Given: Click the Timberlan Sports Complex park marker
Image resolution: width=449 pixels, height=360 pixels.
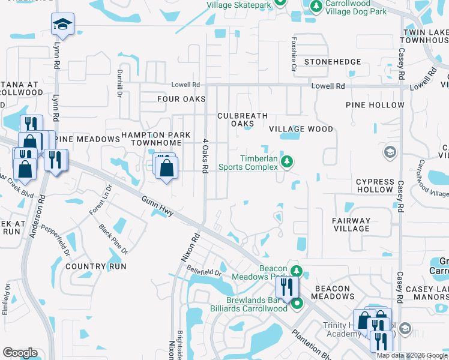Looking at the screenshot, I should point(288,161).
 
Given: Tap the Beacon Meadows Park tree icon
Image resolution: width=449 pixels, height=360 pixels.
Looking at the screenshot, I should point(295,269).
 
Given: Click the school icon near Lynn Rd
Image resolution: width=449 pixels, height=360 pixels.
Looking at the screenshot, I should point(62,25).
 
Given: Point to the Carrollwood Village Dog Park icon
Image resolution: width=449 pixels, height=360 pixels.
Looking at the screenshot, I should point(316,5).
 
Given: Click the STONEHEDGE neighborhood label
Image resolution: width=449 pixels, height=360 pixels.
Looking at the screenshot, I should point(333,62).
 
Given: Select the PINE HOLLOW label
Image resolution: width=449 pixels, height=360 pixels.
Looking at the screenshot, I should point(375,105).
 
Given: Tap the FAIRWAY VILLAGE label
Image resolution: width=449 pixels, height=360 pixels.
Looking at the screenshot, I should point(352,224).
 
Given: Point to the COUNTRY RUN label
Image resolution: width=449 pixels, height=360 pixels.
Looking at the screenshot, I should point(88,266).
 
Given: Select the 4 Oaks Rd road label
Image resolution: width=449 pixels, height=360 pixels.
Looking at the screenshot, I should point(205,156).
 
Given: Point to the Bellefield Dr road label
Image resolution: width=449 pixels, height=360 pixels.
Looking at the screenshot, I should point(204,272).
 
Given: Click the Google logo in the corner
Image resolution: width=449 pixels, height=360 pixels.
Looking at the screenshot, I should point(20,353).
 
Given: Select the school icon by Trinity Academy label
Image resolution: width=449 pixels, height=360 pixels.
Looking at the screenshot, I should point(405,328).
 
